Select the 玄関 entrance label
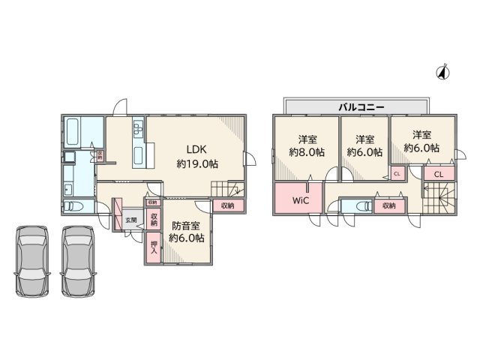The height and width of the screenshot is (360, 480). pyautogui.click(x=131, y=220)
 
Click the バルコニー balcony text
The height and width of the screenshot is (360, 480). pyautogui.click(x=361, y=107)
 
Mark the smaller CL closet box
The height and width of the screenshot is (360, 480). pyautogui.click(x=397, y=174)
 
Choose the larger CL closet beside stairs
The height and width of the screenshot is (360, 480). pyautogui.click(x=439, y=174)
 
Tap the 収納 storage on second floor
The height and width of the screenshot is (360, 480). pyautogui.click(x=388, y=205)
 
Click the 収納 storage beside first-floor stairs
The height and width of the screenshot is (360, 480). pyautogui.click(x=227, y=205)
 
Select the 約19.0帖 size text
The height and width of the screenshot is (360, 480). pyautogui.click(x=197, y=163)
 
